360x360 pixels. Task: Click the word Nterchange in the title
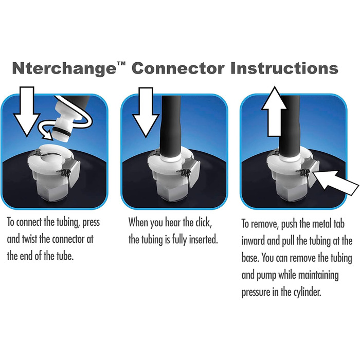pos(64,68)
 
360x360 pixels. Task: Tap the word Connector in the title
pos(178,68)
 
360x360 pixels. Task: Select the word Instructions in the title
pos(284,68)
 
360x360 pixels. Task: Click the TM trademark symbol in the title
pos(121,64)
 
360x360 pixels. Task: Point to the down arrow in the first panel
pos(27,112)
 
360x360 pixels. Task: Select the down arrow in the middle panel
pos(146,113)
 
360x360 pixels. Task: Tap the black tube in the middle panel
pos(171,127)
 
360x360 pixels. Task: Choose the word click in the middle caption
pos(203,222)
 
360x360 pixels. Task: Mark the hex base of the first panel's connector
pos(53,192)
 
